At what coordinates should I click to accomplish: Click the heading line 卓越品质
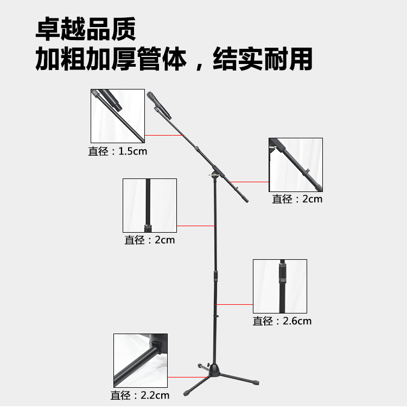(86, 29)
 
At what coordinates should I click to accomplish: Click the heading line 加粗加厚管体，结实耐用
(174, 59)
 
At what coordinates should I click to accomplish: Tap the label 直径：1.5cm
(118, 151)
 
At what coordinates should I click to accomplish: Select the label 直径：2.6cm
(282, 321)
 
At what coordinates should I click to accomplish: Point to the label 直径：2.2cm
(140, 395)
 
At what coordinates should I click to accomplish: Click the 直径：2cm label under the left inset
(150, 240)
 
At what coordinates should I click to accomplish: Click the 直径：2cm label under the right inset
(297, 199)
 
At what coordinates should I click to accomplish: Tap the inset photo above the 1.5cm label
(118, 116)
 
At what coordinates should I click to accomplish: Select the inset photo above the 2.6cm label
(280, 286)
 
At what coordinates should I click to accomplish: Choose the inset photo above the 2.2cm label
(141, 361)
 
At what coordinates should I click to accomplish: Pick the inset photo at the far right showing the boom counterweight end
(296, 165)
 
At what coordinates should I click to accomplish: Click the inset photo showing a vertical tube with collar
(150, 206)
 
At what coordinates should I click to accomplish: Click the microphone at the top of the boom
(159, 105)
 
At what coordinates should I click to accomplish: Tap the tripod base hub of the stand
(214, 370)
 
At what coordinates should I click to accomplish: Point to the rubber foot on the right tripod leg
(256, 383)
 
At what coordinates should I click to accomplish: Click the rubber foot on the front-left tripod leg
(186, 393)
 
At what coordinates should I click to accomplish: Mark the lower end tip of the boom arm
(247, 201)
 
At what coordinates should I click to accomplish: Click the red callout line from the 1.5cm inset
(164, 135)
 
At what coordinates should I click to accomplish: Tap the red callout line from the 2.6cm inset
(234, 305)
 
